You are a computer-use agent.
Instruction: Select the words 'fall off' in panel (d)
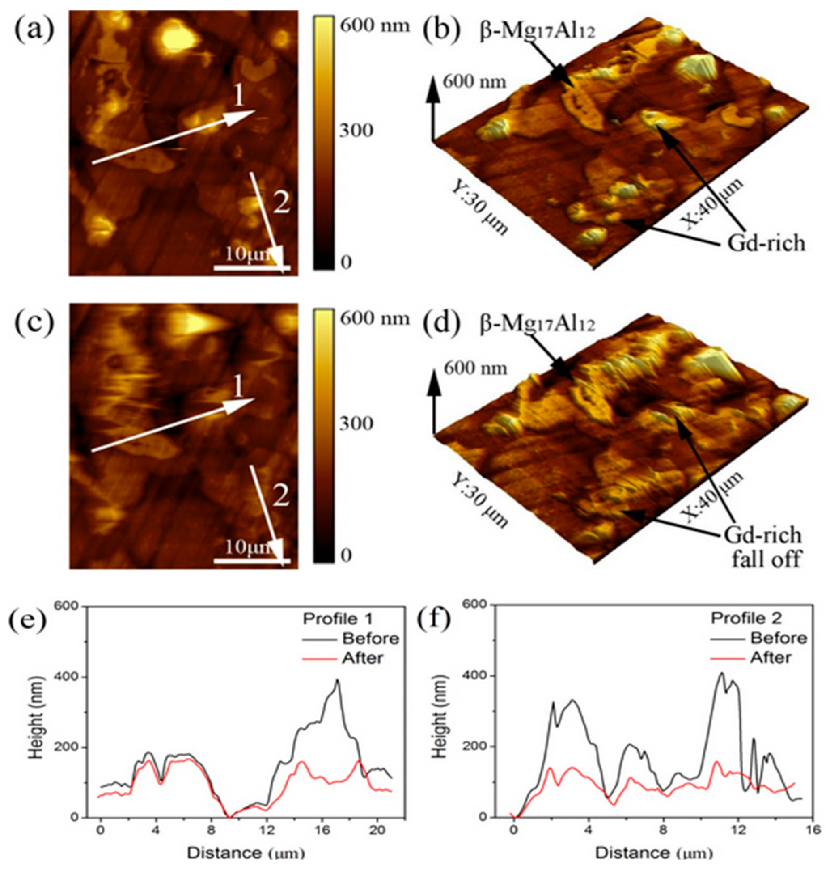[765, 560]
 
